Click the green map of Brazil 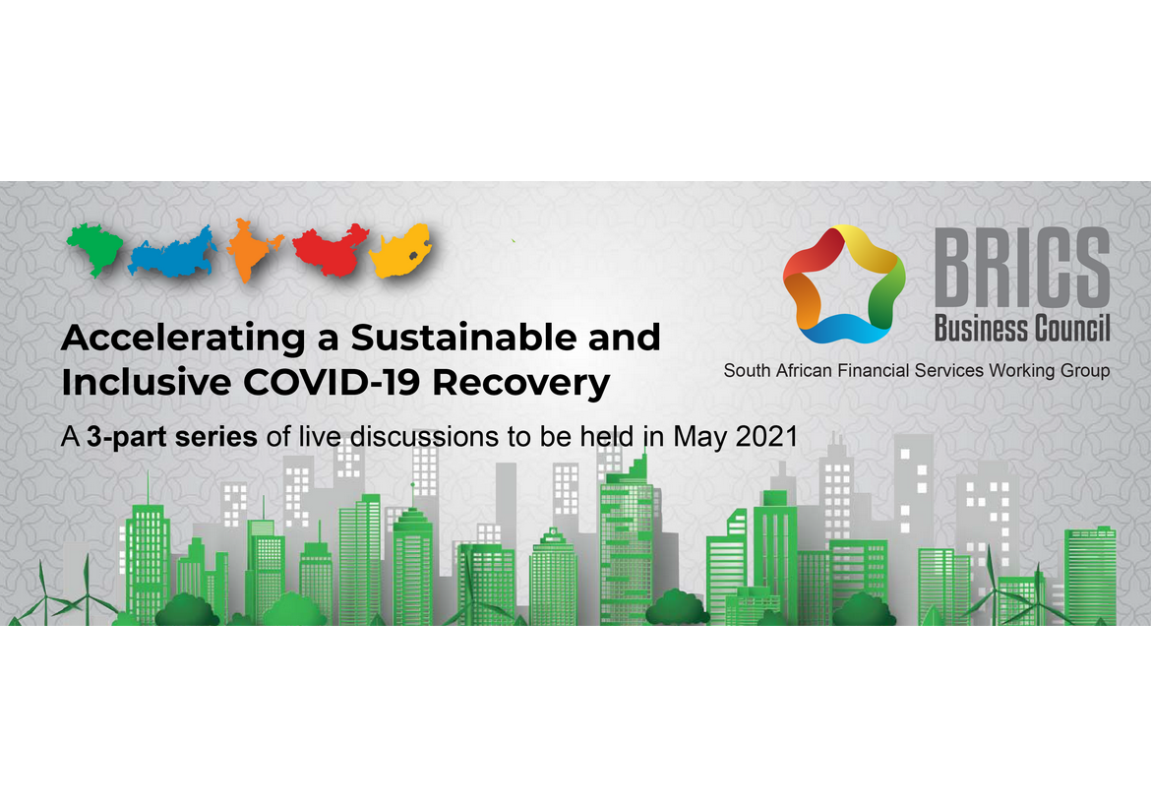pos(95,248)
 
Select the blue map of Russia pos(173,253)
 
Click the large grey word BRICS pos(1022,268)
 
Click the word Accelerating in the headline pos(184,339)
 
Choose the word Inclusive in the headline pos(146,382)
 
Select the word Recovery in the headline pos(521,384)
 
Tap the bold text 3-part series pos(172,437)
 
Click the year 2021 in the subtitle pos(766,436)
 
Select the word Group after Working pos(1085,371)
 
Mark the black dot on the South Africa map pos(412,256)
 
